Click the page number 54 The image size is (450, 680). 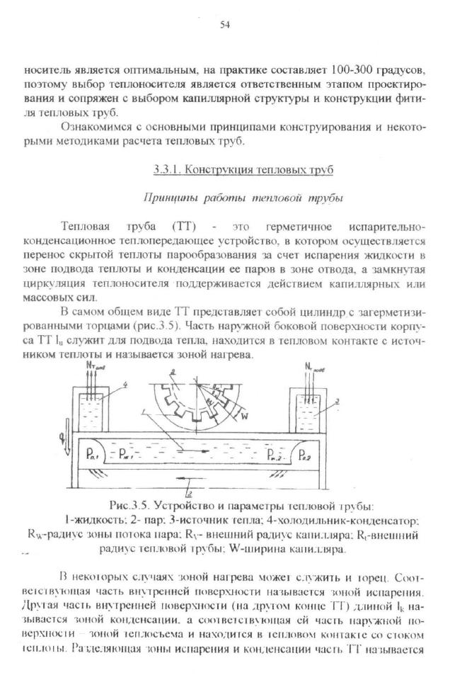click(x=225, y=25)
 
